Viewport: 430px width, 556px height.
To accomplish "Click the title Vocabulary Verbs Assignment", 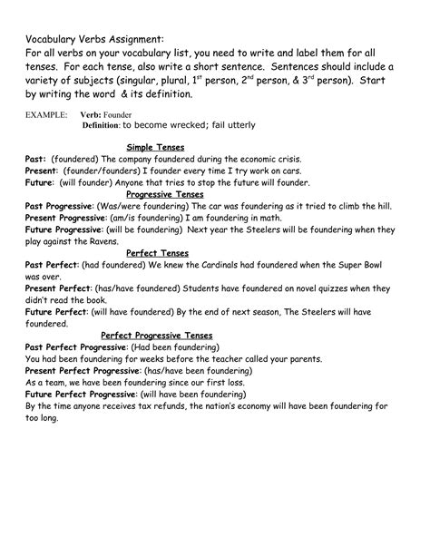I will tap(94, 40).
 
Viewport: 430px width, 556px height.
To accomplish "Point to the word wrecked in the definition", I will tap(194, 125).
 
